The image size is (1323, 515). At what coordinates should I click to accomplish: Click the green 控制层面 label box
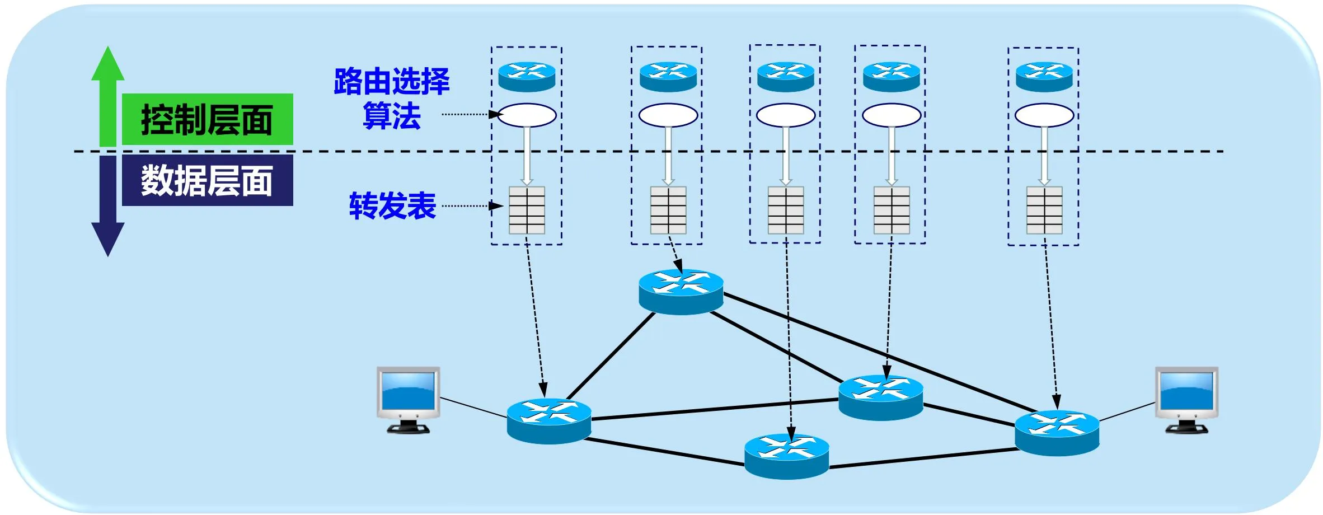click(x=207, y=119)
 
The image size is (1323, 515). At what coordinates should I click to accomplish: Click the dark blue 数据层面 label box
click(x=207, y=180)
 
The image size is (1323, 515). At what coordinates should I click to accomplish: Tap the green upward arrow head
click(x=107, y=64)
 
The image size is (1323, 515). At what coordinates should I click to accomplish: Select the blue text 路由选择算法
click(x=392, y=99)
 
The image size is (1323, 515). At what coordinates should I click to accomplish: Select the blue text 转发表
click(x=392, y=205)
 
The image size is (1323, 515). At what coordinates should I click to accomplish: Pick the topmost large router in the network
click(x=681, y=291)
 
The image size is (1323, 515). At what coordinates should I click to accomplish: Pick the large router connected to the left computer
click(x=549, y=421)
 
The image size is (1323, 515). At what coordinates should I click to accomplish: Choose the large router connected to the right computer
click(x=1057, y=432)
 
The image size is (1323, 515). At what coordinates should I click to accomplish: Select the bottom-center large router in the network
click(x=786, y=456)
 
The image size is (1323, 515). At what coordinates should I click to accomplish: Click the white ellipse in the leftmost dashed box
click(x=527, y=115)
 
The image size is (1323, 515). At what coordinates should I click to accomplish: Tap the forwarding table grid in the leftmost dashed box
click(x=527, y=210)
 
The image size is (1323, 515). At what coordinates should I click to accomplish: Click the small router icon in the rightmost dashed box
click(x=1044, y=77)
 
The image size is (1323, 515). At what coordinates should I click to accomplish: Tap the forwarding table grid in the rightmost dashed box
click(x=1044, y=210)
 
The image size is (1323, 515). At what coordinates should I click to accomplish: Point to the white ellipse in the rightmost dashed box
click(x=1044, y=115)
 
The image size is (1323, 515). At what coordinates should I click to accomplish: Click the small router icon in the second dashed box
click(x=668, y=77)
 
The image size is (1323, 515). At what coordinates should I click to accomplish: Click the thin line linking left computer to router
click(x=473, y=408)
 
